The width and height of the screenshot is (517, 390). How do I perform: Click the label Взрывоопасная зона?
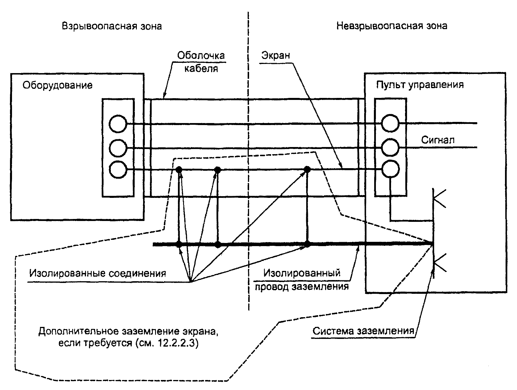[x=112, y=26]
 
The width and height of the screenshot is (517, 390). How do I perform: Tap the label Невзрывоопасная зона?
[x=392, y=26]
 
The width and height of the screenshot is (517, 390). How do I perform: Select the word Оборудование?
[x=57, y=85]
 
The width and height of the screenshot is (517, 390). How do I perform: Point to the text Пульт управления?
[x=420, y=85]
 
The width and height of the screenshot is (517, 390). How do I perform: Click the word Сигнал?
[x=438, y=140]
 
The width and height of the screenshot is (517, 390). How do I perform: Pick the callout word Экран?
[x=276, y=55]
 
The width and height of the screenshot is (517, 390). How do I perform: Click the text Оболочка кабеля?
[x=201, y=62]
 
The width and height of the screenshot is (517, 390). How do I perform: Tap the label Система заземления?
[x=363, y=331]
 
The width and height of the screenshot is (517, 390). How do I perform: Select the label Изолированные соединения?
[x=98, y=273]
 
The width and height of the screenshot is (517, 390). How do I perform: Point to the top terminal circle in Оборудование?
[x=118, y=124]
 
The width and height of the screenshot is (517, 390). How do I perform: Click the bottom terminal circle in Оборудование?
[x=118, y=170]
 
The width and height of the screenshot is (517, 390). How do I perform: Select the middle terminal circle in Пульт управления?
[x=390, y=147]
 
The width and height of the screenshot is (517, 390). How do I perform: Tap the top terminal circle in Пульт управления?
[x=390, y=123]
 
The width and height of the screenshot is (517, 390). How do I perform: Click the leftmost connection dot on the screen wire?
[x=179, y=170]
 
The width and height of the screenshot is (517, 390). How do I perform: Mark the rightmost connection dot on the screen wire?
[x=307, y=169]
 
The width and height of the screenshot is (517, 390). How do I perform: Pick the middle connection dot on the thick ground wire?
[x=218, y=244]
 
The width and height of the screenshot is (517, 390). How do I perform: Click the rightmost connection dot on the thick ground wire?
[x=307, y=244]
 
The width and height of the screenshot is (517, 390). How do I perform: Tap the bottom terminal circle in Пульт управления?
[x=390, y=169]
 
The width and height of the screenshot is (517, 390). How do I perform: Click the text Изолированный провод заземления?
[x=302, y=280]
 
